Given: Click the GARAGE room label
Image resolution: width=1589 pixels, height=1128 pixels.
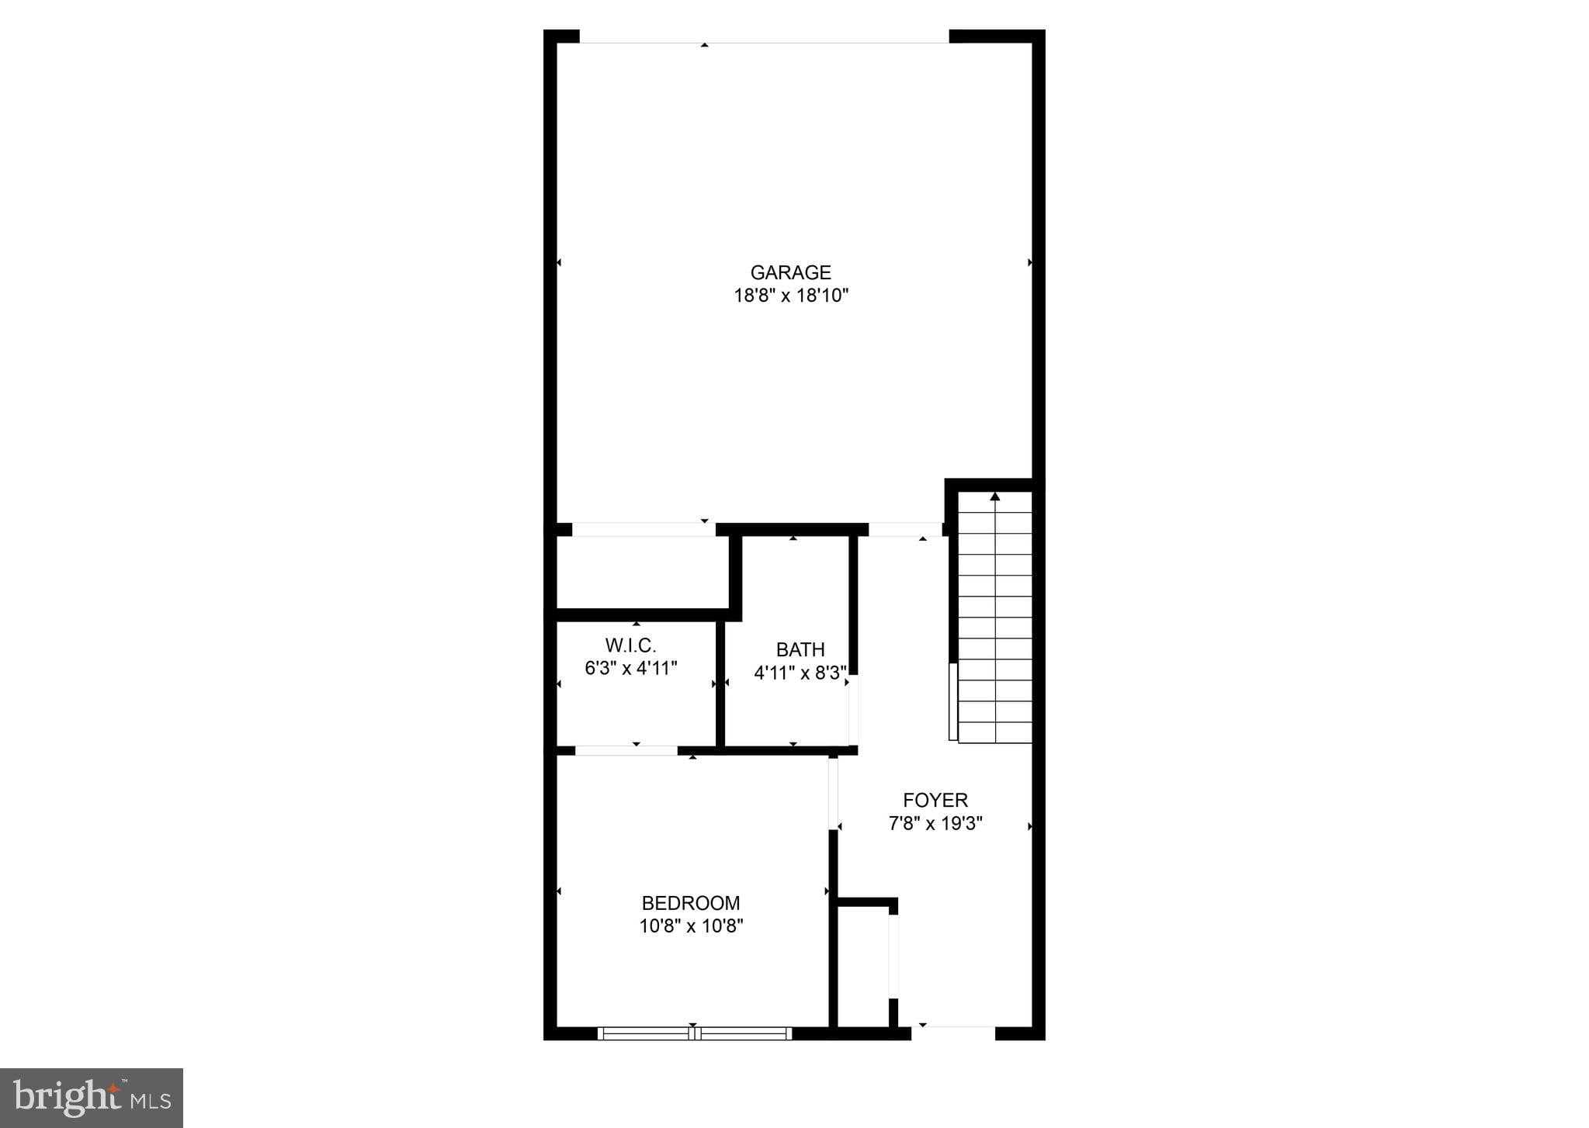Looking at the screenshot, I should (x=790, y=272).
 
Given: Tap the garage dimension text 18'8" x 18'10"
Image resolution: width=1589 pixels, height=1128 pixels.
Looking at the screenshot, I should (x=791, y=296).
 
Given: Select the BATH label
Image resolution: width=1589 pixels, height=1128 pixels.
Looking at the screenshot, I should (x=800, y=649).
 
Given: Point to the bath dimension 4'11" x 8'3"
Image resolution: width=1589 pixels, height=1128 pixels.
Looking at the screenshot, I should (x=800, y=673).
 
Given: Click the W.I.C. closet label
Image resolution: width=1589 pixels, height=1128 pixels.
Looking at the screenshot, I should (x=630, y=645).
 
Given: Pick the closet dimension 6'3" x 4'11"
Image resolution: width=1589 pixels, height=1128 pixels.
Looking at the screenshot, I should (x=630, y=668).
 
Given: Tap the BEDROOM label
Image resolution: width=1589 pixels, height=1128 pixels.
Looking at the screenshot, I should (x=690, y=903).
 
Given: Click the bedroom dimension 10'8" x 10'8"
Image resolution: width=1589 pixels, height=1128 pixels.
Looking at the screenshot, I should (x=691, y=926).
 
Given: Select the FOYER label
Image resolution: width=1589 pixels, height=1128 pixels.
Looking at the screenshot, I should (x=935, y=800).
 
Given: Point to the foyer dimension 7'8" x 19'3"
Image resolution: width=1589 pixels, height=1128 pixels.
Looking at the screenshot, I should (x=935, y=823).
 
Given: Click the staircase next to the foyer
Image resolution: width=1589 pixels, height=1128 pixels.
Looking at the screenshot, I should (x=994, y=621).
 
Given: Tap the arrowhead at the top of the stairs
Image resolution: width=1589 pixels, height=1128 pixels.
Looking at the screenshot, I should (x=994, y=497).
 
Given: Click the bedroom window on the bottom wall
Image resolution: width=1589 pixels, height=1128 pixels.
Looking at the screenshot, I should (x=695, y=1033).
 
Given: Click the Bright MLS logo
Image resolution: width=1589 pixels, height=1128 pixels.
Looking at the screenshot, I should (x=92, y=1098).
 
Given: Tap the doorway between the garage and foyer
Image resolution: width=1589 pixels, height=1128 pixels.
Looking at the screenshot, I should (x=904, y=529).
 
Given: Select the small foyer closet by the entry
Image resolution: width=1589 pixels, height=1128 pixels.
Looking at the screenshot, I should (x=863, y=966).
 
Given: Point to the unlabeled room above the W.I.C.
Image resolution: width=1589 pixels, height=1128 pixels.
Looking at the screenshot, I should (x=643, y=573).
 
